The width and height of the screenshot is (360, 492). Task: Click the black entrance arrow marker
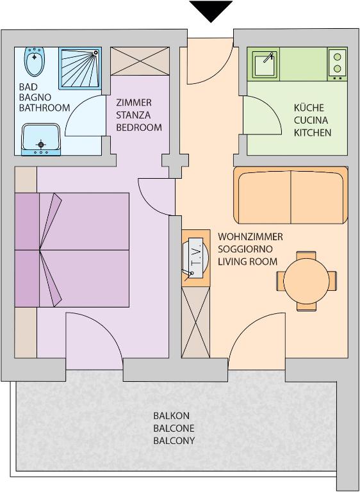coord(211,10)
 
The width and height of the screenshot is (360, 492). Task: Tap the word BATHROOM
coord(44,108)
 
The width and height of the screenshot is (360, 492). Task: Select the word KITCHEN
coord(313,133)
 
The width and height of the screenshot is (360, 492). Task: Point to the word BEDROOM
coord(139,127)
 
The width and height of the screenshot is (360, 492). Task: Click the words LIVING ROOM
coord(248,261)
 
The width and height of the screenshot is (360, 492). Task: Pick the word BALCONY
coord(174,441)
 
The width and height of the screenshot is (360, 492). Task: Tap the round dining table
coord(306,281)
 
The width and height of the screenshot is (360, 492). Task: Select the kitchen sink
coord(265,65)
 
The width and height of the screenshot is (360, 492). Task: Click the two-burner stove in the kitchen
coord(338,63)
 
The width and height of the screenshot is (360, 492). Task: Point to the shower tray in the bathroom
coord(80,69)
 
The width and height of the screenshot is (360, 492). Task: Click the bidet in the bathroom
coord(35,61)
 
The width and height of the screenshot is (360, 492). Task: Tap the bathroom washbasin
coord(41,139)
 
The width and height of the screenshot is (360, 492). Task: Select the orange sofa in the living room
coord(291,195)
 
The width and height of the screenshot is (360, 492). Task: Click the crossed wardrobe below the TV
coord(196,322)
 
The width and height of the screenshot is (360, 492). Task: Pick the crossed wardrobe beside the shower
coord(140,61)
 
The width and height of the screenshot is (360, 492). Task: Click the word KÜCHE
coord(309,108)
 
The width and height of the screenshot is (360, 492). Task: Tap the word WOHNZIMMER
coord(250,236)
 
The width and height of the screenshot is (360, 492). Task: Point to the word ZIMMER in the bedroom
coord(134,102)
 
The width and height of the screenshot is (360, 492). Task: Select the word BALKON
coord(172,416)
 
